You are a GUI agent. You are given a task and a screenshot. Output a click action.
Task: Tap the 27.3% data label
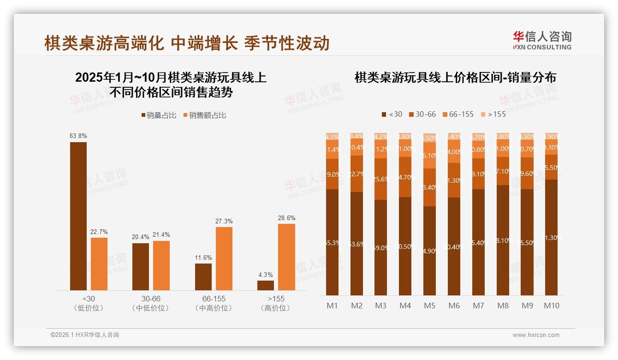pyautogui.click(x=224, y=222)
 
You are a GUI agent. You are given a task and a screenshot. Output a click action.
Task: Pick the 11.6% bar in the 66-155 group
pyautogui.click(x=203, y=277)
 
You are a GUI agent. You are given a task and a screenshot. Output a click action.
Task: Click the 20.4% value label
pyautogui.click(x=141, y=237)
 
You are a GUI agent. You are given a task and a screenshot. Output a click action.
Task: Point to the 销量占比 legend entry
pyautogui.click(x=159, y=115)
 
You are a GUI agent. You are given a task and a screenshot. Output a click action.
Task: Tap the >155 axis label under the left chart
pyautogui.click(x=276, y=299)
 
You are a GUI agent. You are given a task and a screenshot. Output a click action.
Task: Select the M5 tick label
pyautogui.click(x=429, y=306)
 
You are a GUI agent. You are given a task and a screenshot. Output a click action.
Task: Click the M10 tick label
pyautogui.click(x=552, y=306)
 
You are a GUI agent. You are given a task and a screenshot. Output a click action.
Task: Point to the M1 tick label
pyautogui.click(x=332, y=306)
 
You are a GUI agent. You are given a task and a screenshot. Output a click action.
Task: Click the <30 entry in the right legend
pyautogui.click(x=392, y=114)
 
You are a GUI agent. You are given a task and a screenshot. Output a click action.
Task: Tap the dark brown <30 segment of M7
pyautogui.click(x=478, y=242)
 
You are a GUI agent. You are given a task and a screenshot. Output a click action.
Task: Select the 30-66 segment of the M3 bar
pyautogui.click(x=380, y=179)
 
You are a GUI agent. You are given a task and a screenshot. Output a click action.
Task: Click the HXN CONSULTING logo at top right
pyautogui.click(x=542, y=40)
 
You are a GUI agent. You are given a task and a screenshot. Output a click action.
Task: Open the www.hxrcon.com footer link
pyautogui.click(x=535, y=335)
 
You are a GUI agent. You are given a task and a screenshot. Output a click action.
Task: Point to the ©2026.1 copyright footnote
pyautogui.click(x=85, y=335)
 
